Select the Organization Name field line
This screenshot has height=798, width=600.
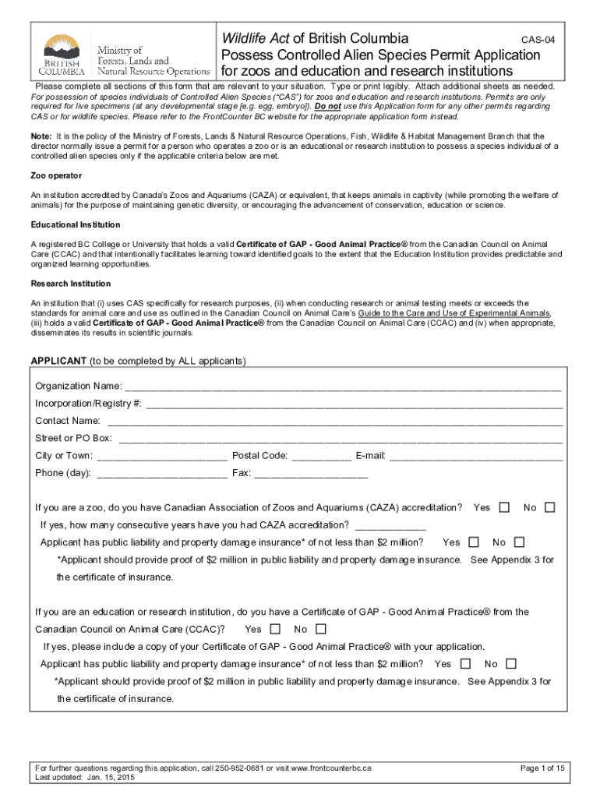(343, 387)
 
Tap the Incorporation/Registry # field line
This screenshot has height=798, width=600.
(354, 404)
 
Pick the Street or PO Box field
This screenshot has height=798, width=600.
(340, 439)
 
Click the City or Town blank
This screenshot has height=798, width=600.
(162, 456)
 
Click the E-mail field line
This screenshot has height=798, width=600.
(475, 456)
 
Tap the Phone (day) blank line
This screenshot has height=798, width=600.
(162, 473)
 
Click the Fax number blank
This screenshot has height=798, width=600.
(311, 473)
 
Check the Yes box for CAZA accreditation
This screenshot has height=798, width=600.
(504, 507)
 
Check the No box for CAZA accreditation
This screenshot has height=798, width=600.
(550, 507)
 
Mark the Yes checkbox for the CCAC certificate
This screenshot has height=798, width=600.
(274, 629)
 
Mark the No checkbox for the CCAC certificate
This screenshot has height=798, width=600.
(320, 629)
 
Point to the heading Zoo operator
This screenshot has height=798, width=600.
(56, 175)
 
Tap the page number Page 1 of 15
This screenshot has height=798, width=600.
(542, 768)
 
